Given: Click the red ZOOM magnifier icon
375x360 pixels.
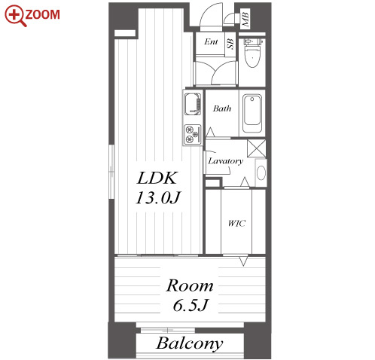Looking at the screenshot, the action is point(16,16).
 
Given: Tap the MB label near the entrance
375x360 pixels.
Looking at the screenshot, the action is point(245,19).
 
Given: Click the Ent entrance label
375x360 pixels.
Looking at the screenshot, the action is point(211,41).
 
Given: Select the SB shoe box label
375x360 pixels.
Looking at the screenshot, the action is point(230,44).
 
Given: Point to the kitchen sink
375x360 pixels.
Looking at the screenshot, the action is point(193,103).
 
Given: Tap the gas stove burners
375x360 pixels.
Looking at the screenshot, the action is point(193,134).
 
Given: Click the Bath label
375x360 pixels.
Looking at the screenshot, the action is point(222,108).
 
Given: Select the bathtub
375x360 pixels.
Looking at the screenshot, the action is point(252,113).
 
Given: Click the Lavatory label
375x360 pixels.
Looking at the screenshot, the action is point(226,161).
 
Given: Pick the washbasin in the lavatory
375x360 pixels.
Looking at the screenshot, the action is point(261,172).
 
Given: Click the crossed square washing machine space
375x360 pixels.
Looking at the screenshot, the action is point(256,148).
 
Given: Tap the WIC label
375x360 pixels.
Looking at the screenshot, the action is point(236,223).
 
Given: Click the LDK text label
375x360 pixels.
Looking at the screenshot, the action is point(157,178).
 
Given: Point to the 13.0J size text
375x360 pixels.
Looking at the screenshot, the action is point(158,197).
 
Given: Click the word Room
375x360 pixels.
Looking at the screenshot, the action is point(190,285).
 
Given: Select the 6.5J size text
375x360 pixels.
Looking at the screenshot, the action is point(191,305).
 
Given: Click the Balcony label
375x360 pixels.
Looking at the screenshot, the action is point(190,343).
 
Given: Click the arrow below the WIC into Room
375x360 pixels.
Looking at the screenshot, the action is point(243,261).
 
